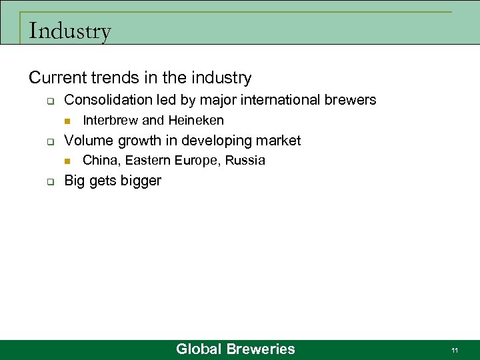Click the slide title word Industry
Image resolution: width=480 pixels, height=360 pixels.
(x=70, y=31)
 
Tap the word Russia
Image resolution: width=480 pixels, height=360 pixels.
(x=245, y=160)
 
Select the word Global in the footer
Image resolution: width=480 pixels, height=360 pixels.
(x=199, y=349)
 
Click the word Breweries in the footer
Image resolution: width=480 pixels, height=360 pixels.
(x=261, y=349)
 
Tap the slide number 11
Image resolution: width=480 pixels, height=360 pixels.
(x=454, y=350)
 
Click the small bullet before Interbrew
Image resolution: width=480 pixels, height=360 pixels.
(x=67, y=121)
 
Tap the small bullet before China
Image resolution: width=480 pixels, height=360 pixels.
(x=67, y=161)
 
